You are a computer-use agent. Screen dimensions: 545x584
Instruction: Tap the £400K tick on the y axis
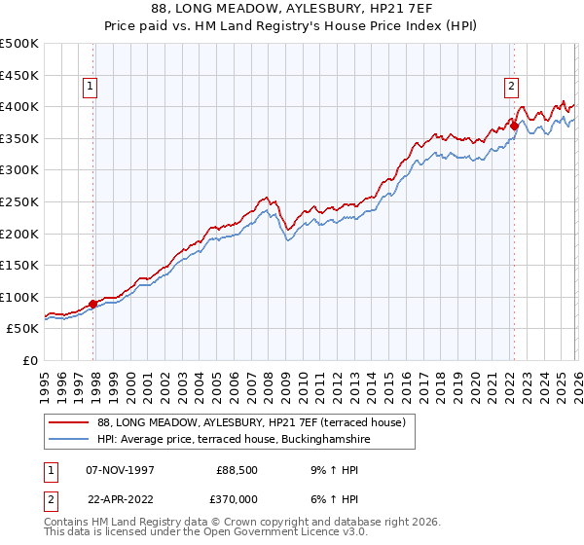19,106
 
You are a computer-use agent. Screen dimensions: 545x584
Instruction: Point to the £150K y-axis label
19,265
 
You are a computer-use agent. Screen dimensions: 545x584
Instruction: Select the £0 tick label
30,360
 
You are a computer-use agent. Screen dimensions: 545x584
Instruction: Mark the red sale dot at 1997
93,304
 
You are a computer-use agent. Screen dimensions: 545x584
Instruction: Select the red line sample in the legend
68,423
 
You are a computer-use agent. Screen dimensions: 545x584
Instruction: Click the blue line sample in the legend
68,440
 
